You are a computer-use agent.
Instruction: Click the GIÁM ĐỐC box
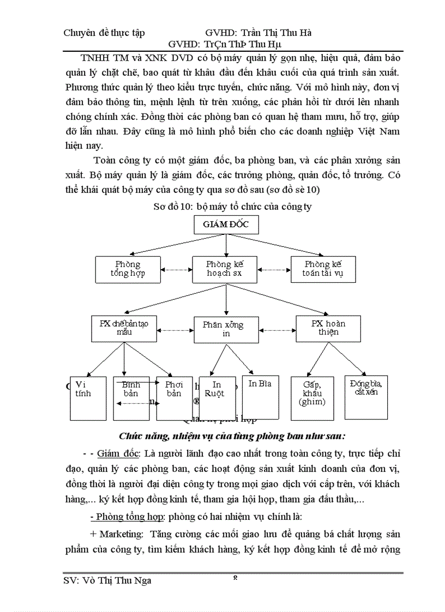226,225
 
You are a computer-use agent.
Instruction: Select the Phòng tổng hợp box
128,269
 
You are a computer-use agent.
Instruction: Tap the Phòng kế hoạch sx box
225,269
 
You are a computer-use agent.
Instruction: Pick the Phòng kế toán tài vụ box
323,269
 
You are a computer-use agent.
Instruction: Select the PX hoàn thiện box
329,328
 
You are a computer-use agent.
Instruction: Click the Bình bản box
131,398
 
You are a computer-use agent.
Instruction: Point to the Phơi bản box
175,398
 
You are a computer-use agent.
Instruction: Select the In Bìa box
260,396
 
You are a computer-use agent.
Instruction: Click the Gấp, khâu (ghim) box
312,398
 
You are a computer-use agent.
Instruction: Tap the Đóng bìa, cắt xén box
366,396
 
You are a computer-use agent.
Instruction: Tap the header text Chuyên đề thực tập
104,33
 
